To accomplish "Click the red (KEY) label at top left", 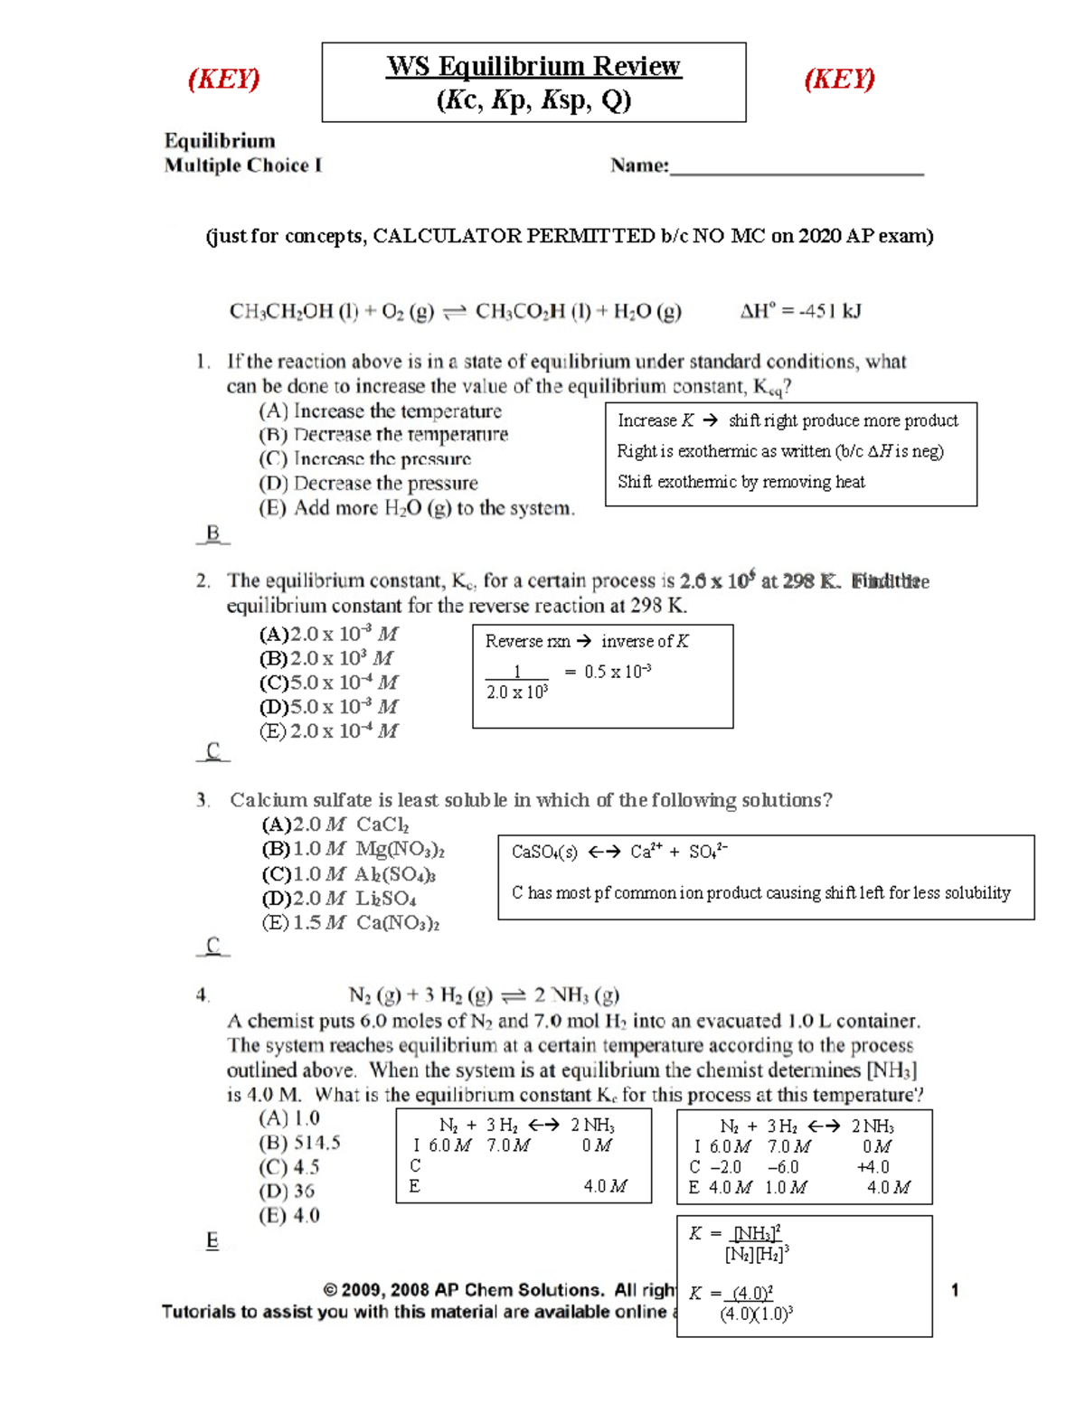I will tap(223, 79).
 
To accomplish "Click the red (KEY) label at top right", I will tap(839, 79).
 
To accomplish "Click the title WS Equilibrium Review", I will tap(533, 66).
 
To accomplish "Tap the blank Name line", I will tap(796, 168).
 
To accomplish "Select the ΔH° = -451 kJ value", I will tap(800, 312).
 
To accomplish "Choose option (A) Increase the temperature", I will tap(380, 411).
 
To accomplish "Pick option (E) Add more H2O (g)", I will tap(416, 508).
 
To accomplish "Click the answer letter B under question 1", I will tap(213, 533).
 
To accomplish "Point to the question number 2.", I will tap(203, 581).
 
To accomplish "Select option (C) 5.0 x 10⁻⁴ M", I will tap(329, 683).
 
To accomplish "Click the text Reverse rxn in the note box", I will tap(527, 642).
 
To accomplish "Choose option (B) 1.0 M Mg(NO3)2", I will tap(353, 850).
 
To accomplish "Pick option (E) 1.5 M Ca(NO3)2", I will tap(351, 923).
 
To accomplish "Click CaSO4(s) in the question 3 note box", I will tap(544, 853).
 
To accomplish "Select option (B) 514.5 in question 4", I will tap(299, 1143).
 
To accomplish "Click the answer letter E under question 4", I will tap(212, 1240).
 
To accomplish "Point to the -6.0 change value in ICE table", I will tap(783, 1167).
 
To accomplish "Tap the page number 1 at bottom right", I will tap(955, 1291).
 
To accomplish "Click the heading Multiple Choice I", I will tap(242, 165).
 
